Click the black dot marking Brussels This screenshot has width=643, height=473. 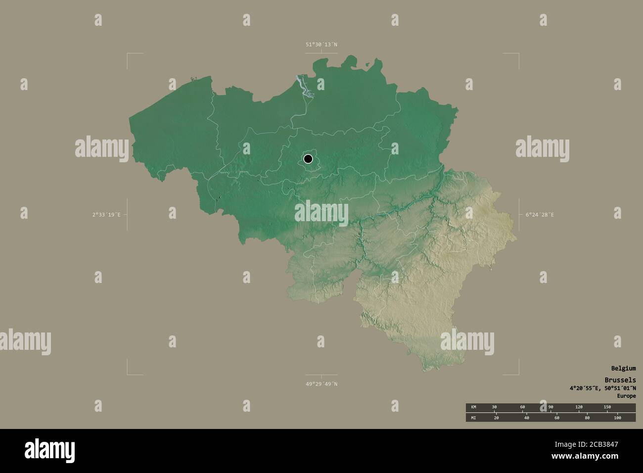click(x=308, y=159)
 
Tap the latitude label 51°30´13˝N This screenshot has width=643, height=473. click(x=321, y=45)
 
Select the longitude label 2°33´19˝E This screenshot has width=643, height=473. click(x=106, y=215)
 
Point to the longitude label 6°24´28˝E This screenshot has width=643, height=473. click(x=540, y=215)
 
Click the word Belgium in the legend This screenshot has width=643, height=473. click(x=623, y=369)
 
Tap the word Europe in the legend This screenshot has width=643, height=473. click(x=626, y=396)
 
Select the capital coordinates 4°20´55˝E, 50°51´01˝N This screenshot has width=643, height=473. click(x=602, y=388)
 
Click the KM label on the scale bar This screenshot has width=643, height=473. click(x=473, y=407)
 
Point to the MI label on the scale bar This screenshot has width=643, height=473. click(x=473, y=418)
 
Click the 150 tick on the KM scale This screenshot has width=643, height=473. click(x=607, y=407)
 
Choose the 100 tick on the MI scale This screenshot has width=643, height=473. click(x=617, y=418)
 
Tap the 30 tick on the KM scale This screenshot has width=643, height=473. click(x=494, y=407)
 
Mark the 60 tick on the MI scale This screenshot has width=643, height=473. click(x=556, y=418)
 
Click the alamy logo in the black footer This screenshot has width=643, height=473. click(x=49, y=450)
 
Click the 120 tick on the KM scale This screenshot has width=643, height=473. click(x=579, y=407)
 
